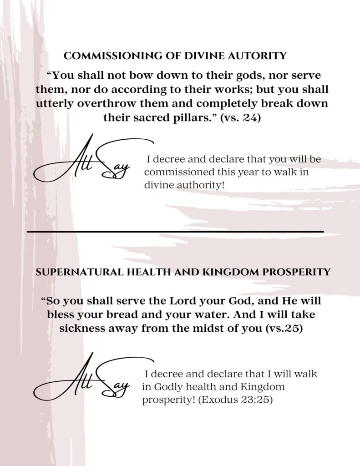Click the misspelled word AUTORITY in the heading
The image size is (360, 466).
(x=260, y=56)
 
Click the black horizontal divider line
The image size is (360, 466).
(x=175, y=232)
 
